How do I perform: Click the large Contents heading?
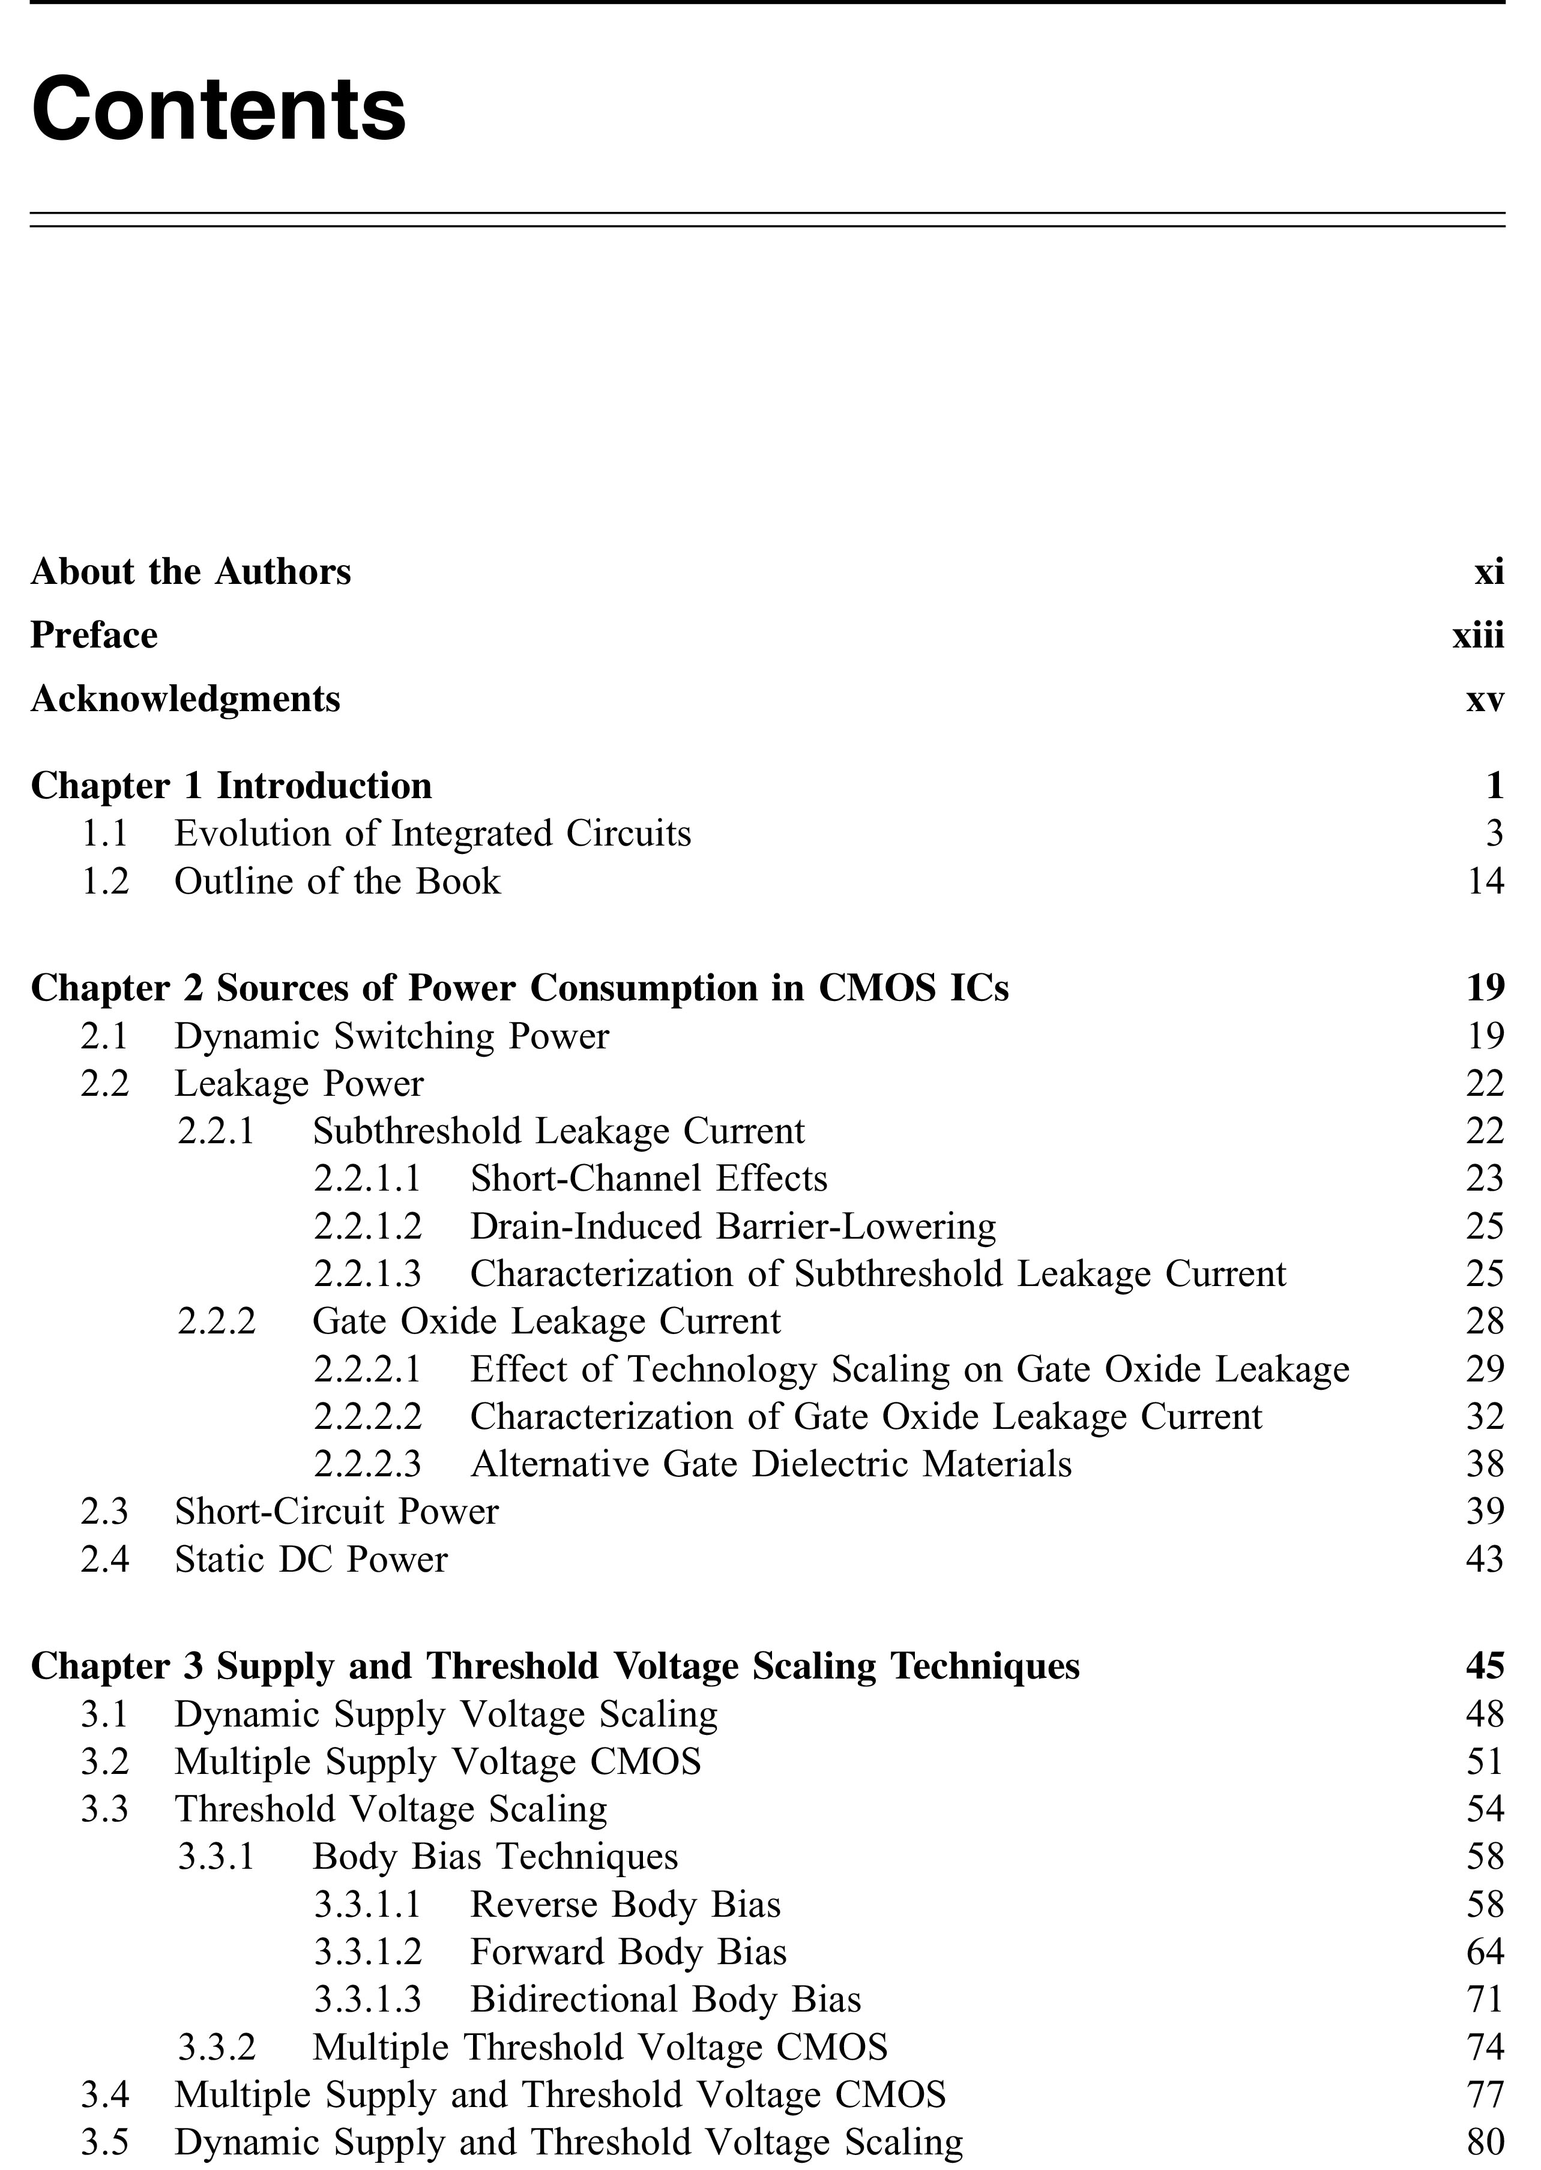pyautogui.click(x=219, y=109)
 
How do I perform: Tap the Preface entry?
pyautogui.click(x=94, y=636)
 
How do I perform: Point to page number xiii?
pyautogui.click(x=1477, y=636)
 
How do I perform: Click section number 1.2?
pyautogui.click(x=104, y=881)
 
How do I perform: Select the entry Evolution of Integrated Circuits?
pyautogui.click(x=433, y=834)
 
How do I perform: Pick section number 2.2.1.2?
pyautogui.click(x=367, y=1226)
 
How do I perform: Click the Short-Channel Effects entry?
pyautogui.click(x=649, y=1179)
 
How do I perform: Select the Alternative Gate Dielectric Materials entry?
pyautogui.click(x=771, y=1464)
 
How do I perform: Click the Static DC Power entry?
pyautogui.click(x=310, y=1559)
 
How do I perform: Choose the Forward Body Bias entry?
pyautogui.click(x=628, y=1952)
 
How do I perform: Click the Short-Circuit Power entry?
pyautogui.click(x=336, y=1512)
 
